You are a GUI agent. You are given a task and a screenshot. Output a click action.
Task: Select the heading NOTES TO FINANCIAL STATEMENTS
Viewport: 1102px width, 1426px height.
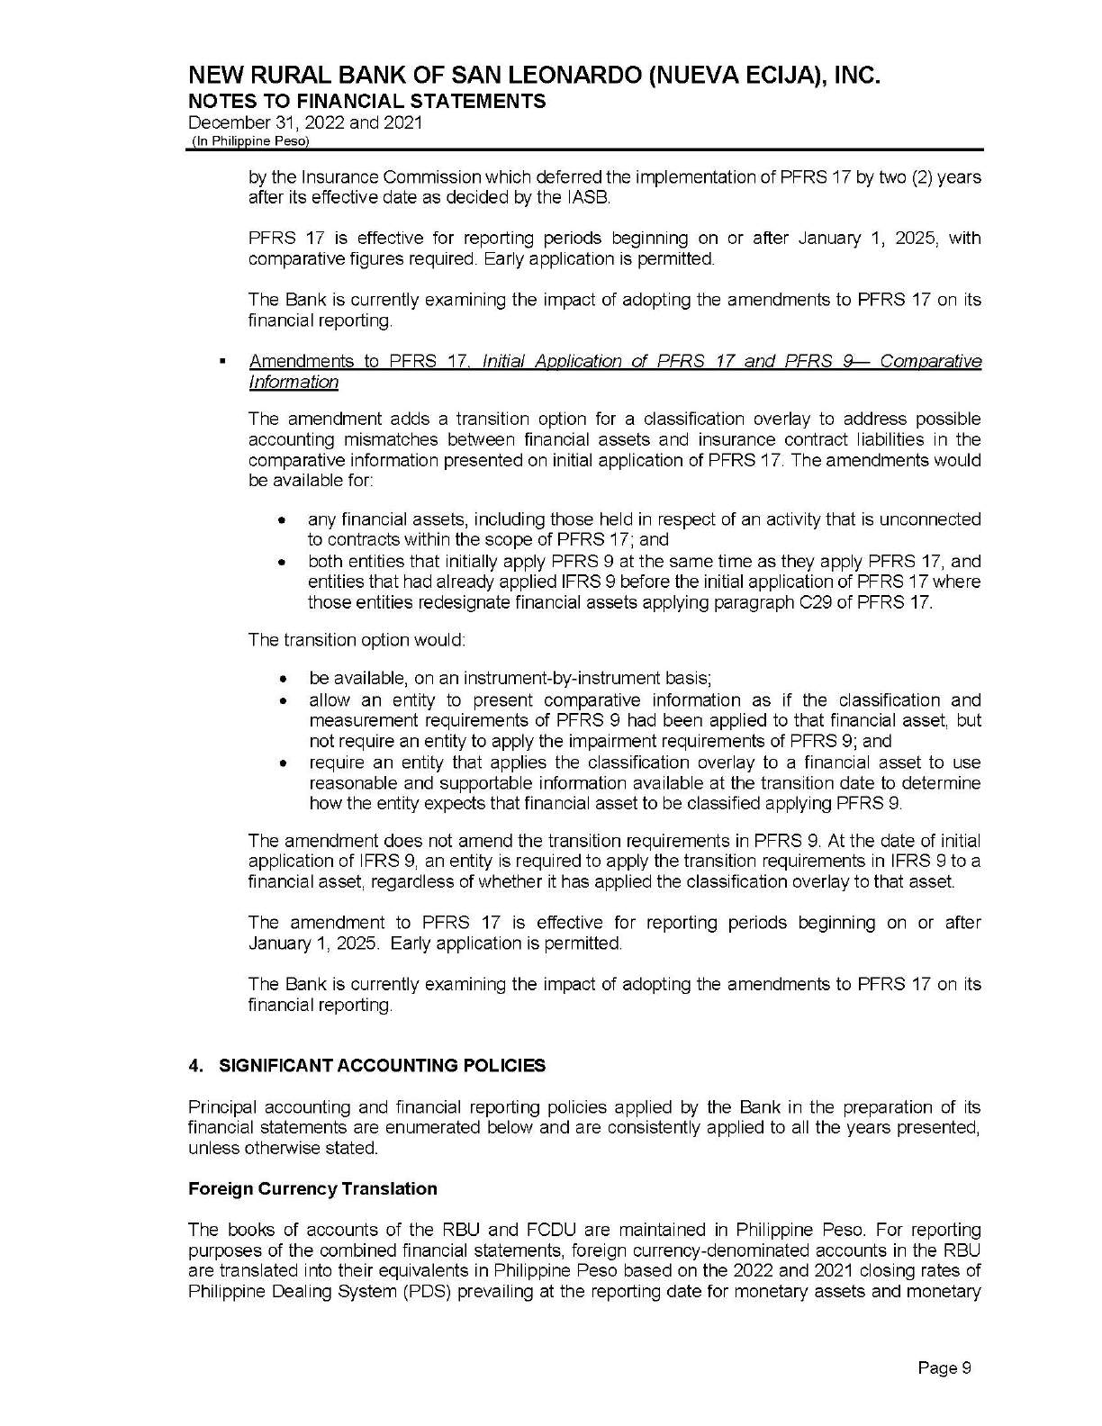click(366, 101)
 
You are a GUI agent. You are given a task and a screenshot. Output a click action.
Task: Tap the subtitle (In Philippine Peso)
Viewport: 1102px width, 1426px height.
click(249, 142)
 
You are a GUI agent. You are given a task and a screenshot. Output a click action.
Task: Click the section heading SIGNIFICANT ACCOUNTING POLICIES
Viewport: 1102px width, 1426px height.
click(383, 1066)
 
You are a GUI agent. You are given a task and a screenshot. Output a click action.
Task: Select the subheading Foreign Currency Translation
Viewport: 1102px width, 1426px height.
click(312, 1189)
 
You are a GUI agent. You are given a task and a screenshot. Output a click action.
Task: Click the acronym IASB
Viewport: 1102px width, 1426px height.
click(588, 198)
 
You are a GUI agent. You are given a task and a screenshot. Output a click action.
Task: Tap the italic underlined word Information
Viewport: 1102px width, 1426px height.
click(294, 383)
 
